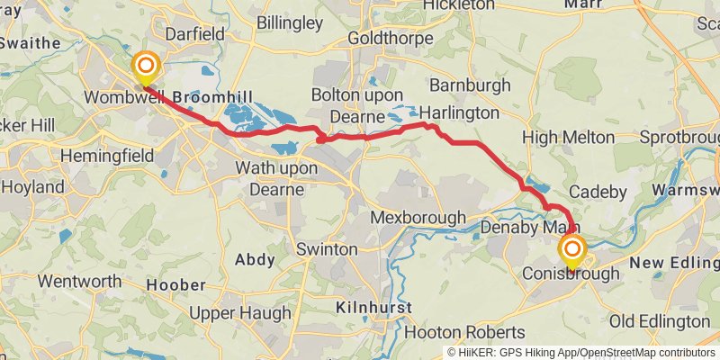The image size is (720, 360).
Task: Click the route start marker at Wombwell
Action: click(146, 67)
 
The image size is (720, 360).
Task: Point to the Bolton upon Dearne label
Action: click(360, 103)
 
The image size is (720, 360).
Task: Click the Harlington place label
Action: click(459, 113)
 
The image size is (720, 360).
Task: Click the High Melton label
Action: click(568, 138)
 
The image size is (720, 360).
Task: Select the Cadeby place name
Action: click(596, 192)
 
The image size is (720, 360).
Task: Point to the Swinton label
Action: click(327, 249)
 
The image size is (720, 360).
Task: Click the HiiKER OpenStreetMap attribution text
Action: click(580, 352)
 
